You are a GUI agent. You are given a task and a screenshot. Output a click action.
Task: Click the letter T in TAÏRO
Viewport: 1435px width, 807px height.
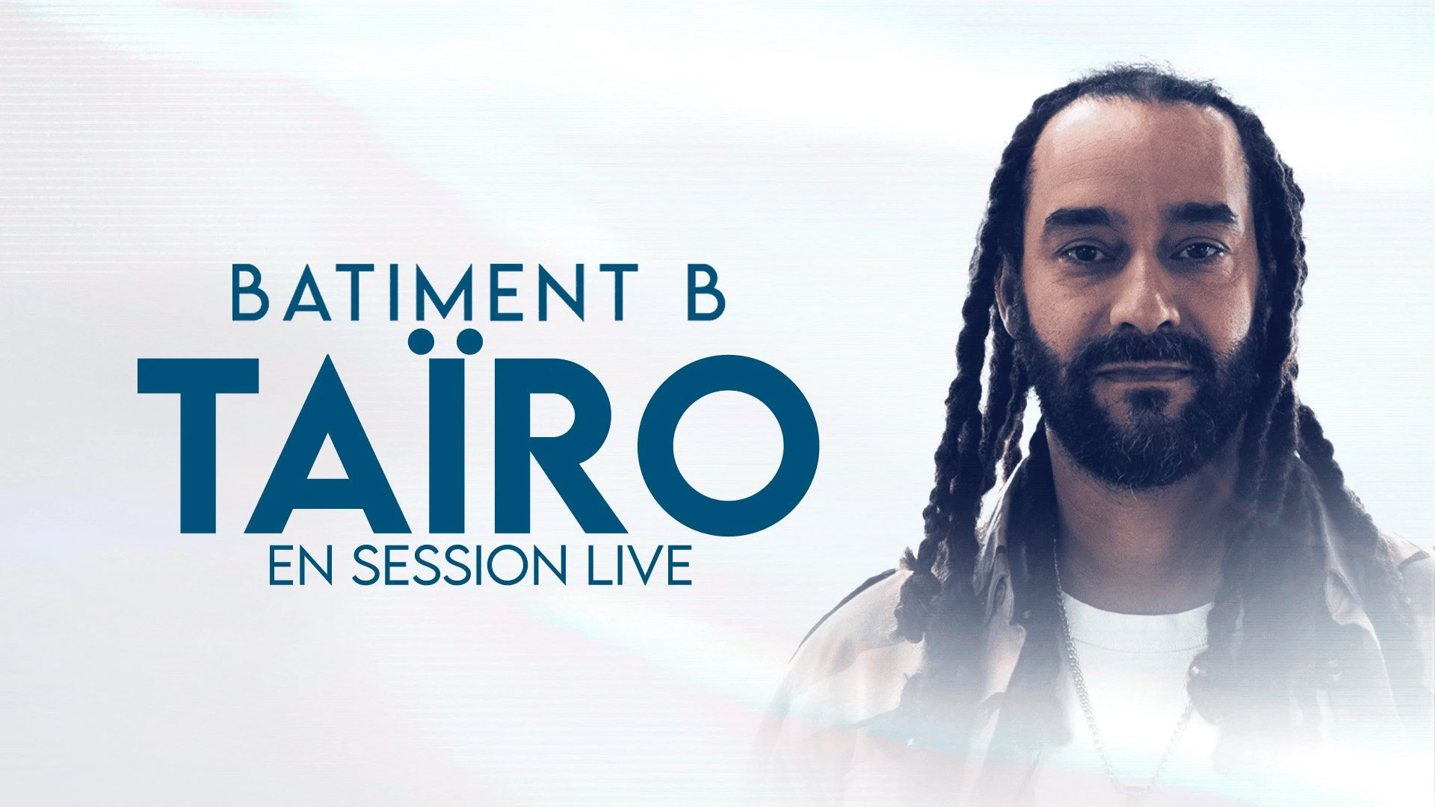pos(198,445)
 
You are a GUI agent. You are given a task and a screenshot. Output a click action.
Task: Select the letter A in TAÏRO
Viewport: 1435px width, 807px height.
pos(327,445)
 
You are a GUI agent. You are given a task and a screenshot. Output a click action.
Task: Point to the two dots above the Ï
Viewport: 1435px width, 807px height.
pos(447,341)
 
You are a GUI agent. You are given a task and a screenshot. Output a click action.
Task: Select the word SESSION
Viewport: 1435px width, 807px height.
pos(459,565)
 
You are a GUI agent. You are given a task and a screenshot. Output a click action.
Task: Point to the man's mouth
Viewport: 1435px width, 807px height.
pos(1144,371)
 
